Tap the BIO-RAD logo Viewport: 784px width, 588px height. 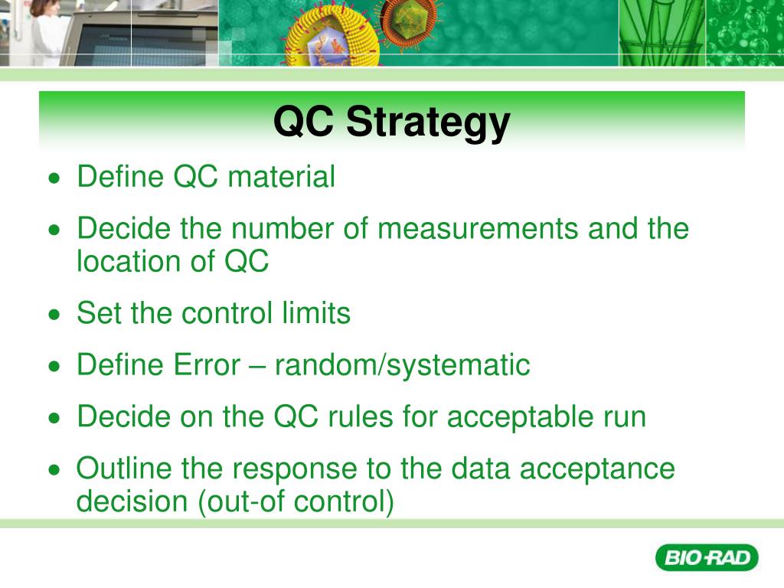[706, 557]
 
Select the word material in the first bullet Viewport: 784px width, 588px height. [282, 177]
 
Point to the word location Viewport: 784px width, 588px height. [127, 262]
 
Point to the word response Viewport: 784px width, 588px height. [292, 469]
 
